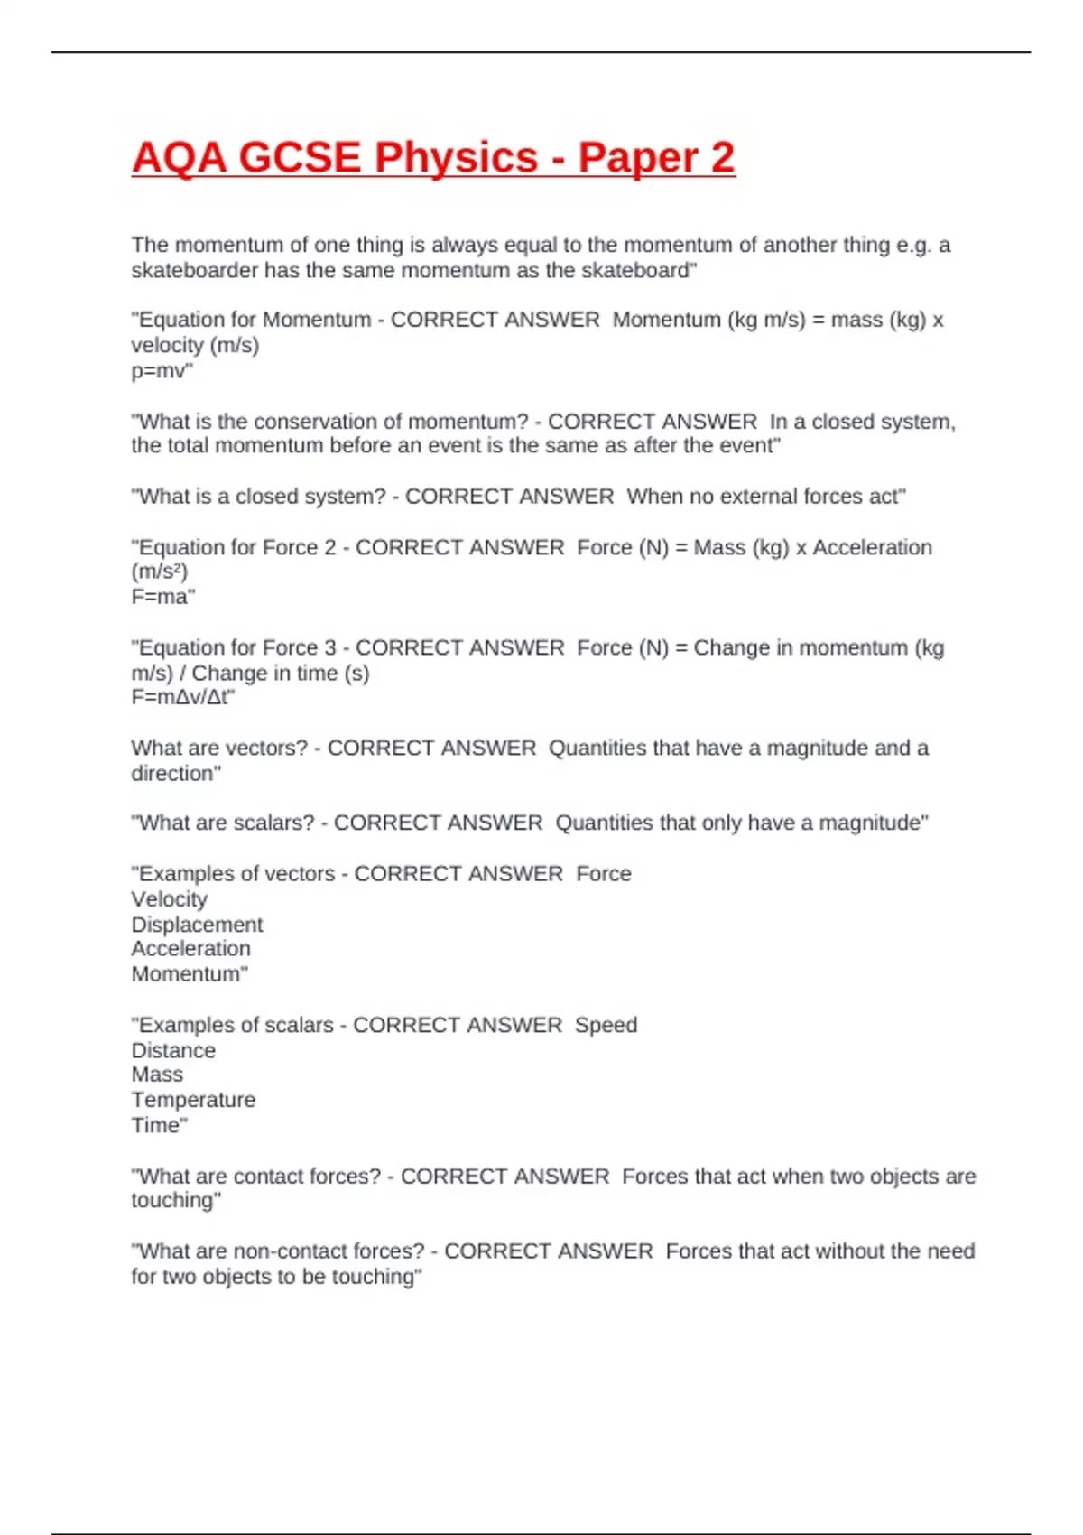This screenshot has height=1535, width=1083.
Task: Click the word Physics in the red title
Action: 456,158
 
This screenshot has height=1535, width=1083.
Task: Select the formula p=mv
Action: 161,370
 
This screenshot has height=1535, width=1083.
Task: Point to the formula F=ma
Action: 162,596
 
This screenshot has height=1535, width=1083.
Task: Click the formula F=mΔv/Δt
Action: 181,697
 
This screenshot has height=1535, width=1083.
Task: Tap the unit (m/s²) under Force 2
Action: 160,572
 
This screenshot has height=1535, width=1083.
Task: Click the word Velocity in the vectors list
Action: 169,899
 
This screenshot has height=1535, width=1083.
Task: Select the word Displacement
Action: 197,925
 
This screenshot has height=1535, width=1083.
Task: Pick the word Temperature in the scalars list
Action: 193,1100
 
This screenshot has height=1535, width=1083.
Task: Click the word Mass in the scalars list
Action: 157,1074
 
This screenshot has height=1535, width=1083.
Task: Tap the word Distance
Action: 173,1050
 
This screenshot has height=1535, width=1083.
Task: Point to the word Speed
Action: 606,1025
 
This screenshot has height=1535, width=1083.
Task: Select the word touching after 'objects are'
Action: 174,1200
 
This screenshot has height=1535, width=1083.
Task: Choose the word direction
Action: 174,773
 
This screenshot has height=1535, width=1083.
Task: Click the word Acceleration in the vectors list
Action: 190,949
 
